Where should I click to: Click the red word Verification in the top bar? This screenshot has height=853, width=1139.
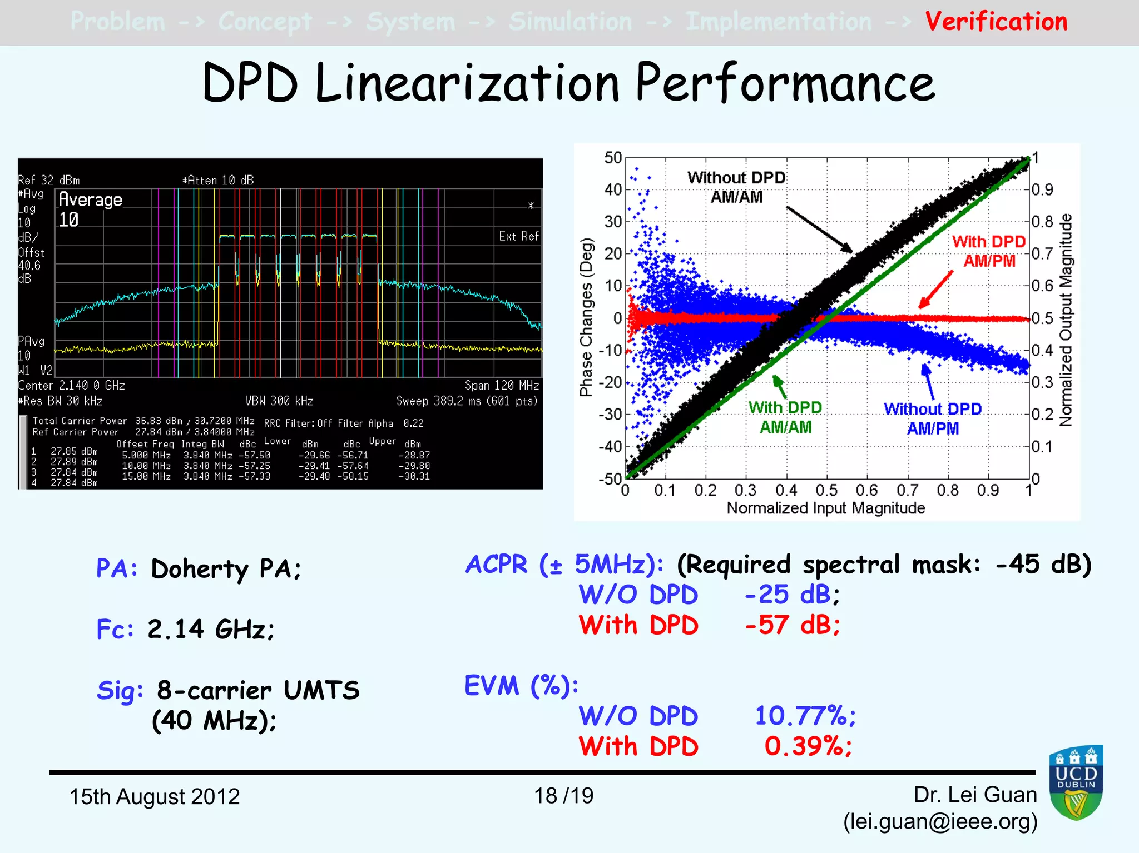996,22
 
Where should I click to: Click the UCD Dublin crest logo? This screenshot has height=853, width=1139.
1076,783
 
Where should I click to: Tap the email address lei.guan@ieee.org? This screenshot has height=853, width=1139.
940,821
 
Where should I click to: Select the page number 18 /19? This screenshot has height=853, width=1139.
563,796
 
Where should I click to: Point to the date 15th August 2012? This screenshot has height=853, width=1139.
154,796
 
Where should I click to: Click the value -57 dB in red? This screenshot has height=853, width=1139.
792,625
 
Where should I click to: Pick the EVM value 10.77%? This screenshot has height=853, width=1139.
805,716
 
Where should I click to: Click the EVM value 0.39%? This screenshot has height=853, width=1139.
808,746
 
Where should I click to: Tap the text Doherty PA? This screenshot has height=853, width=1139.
225,569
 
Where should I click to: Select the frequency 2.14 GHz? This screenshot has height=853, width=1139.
211,630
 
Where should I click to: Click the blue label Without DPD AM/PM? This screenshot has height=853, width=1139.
933,418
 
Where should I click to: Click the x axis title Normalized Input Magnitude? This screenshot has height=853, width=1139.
825,508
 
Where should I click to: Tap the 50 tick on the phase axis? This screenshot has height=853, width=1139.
613,158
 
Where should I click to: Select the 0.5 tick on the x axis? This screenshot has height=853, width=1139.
826,491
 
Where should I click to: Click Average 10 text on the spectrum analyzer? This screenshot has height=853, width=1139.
90,209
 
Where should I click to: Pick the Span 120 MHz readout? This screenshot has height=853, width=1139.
502,386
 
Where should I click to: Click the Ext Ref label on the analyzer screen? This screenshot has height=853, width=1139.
518,236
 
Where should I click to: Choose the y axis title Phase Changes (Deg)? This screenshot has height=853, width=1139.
586,317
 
